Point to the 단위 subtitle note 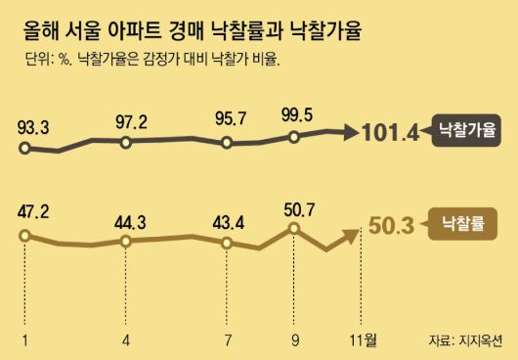click(151, 61)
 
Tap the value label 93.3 click(36, 126)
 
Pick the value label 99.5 click(296, 115)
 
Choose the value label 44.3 click(130, 221)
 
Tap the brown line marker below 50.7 click(294, 230)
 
